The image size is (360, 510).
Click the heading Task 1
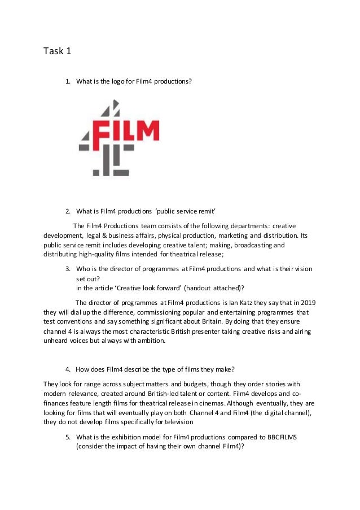58,52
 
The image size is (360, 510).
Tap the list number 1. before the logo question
68,81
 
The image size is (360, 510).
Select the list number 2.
68,212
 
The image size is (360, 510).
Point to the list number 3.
68,268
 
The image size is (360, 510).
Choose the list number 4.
68,369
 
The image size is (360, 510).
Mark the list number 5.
68,437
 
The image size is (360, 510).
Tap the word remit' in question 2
193,212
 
